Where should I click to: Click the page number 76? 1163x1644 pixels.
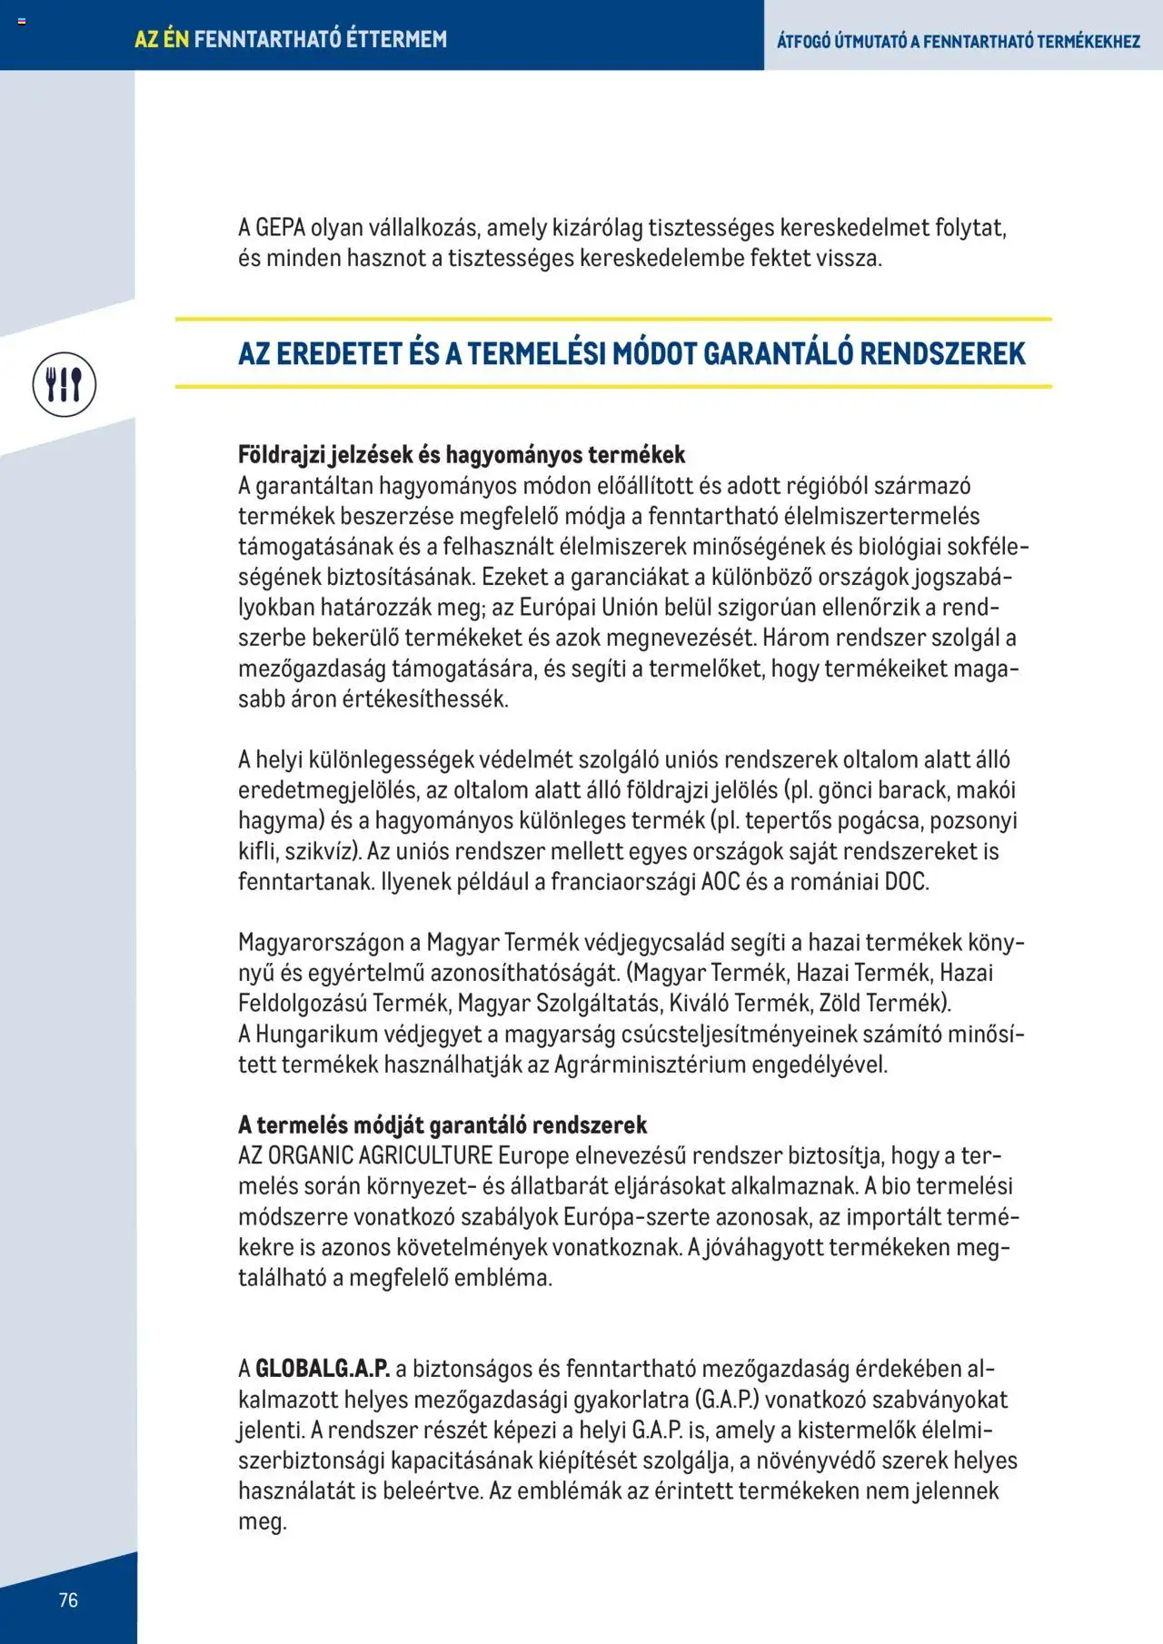(x=68, y=1599)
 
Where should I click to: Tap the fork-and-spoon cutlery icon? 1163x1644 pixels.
(x=65, y=385)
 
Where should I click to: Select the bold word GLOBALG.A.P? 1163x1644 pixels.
(x=322, y=1368)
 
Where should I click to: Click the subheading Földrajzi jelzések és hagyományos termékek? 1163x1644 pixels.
(x=461, y=454)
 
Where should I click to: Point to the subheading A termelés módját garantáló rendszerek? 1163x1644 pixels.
(x=442, y=1124)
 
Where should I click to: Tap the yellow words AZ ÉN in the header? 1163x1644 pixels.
(x=162, y=39)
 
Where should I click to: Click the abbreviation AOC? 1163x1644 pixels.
(x=721, y=881)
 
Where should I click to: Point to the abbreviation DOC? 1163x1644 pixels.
(x=906, y=881)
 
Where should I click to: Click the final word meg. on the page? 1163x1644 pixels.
(x=262, y=1521)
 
